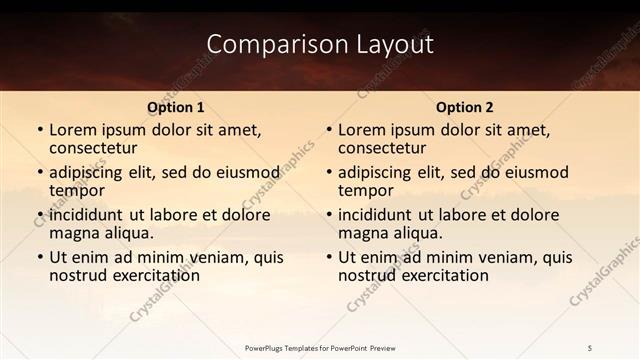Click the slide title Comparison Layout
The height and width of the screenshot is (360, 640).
(x=320, y=45)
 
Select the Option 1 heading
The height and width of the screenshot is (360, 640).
(x=176, y=107)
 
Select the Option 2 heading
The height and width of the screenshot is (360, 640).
(x=464, y=107)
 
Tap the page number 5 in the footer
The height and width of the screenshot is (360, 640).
(x=590, y=348)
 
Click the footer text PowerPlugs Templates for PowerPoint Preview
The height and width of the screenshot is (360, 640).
(x=320, y=348)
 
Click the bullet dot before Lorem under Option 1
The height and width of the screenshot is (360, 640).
(x=39, y=130)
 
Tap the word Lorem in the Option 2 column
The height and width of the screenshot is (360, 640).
(x=362, y=129)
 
